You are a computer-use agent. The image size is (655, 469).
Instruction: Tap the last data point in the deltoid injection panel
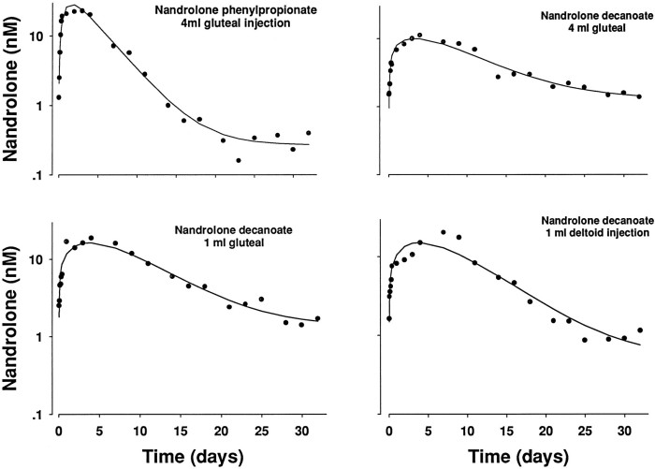tap(640, 330)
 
